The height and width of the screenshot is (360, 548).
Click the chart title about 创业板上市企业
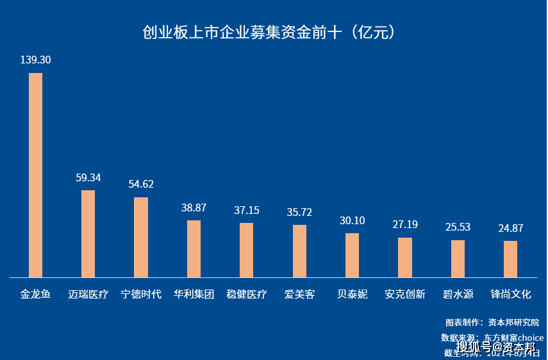tap(269, 33)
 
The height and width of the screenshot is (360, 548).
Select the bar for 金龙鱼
tap(35, 175)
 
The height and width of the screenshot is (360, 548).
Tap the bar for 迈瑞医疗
tap(88, 234)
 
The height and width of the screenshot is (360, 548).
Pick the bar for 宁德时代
tap(141, 237)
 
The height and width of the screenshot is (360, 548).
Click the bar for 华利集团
tap(194, 249)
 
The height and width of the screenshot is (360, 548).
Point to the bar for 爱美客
tap(299, 251)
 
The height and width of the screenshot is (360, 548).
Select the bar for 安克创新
tap(405, 258)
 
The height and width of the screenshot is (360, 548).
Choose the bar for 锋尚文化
tap(510, 259)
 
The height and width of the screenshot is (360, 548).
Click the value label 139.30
tap(35, 60)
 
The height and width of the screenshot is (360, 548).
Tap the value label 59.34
tap(88, 177)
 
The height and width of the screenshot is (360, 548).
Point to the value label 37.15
tap(247, 210)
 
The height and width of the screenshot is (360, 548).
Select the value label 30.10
tap(352, 220)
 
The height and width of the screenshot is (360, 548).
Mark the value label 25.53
tap(458, 227)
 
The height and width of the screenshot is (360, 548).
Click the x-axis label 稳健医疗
tap(247, 295)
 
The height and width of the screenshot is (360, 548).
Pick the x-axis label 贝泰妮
tap(352, 295)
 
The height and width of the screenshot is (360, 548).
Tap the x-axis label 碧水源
tap(458, 295)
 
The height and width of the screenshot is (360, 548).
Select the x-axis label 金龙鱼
tap(35, 295)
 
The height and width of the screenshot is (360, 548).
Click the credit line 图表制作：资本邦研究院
tap(492, 322)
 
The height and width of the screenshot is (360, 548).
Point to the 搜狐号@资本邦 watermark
tap(495, 347)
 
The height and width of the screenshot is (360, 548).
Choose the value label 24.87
tap(510, 228)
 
